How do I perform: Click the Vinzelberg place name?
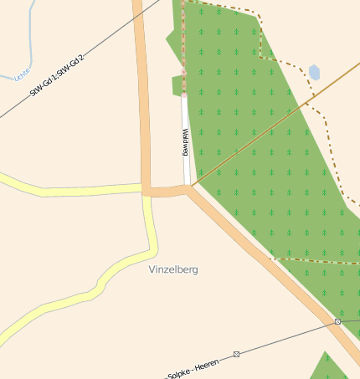pos(173,270)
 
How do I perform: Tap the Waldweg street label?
pos(186,142)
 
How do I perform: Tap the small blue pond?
pos(314,73)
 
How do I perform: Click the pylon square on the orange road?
pos(337,321)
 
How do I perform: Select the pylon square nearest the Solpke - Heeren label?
pos(236,354)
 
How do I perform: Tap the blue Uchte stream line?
pos(29,33)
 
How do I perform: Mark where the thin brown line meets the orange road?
pos(193,186)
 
